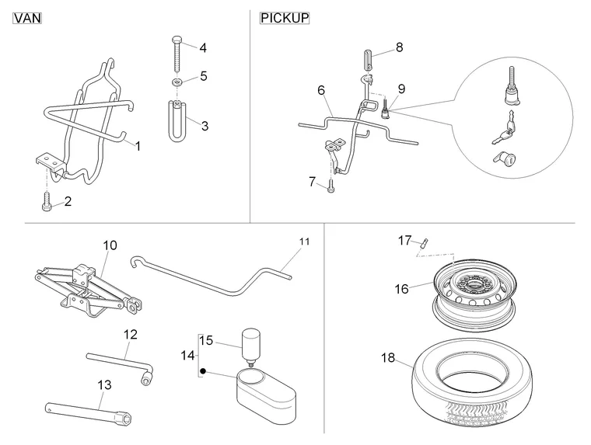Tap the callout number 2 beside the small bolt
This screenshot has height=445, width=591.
point(68,202)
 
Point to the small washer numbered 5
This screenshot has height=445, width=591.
point(177,82)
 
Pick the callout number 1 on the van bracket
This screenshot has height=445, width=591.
point(138,145)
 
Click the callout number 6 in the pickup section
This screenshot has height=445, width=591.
point(321,91)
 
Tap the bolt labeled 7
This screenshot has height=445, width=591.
point(331,185)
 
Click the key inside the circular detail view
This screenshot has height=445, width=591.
point(499,134)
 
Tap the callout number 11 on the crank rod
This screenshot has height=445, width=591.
point(304,242)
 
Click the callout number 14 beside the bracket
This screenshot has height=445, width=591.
point(184,355)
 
